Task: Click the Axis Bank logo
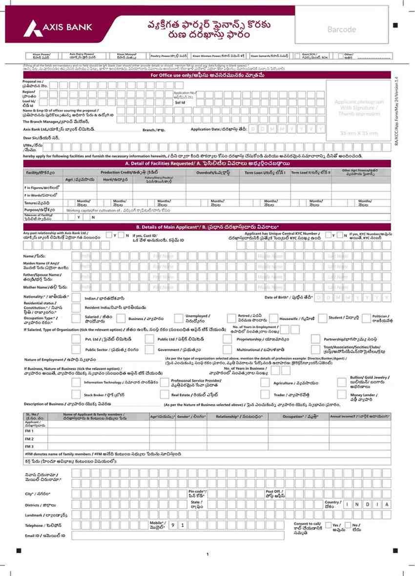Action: (58, 27)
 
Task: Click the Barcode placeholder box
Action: (341, 29)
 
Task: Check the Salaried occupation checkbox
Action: (76, 319)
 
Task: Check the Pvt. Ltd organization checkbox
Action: (76, 339)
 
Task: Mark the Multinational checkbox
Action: (227, 350)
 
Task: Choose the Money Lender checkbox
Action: (342, 395)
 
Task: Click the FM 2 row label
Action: (29, 439)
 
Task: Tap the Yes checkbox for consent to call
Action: (327, 526)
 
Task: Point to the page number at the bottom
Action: (207, 554)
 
